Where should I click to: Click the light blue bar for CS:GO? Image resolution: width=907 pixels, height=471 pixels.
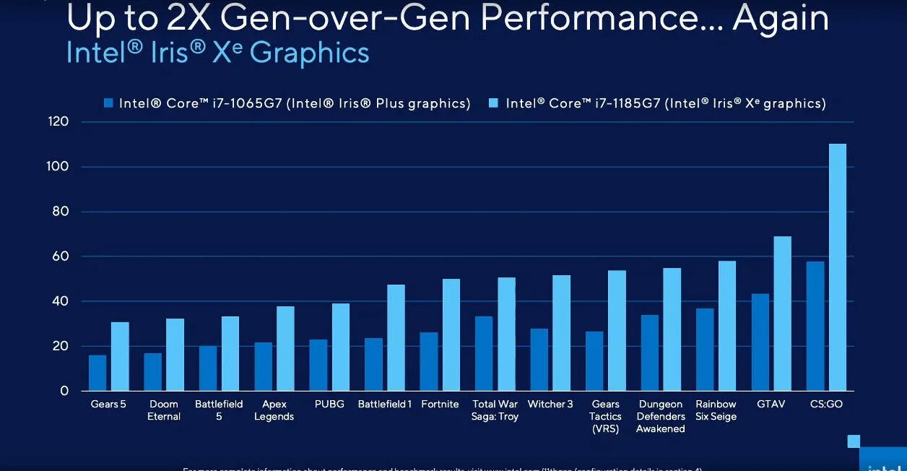837,267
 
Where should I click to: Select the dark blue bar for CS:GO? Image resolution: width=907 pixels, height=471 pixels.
815,326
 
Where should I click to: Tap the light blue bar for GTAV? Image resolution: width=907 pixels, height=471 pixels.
782,314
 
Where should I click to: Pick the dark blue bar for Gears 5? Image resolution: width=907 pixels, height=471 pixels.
97,373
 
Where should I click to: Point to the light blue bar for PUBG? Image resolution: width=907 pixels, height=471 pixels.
340,347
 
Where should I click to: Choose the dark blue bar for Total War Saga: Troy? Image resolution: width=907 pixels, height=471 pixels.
484,353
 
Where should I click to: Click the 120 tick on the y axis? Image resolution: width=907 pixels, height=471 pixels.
59,122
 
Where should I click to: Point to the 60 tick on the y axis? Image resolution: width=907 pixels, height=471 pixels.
64,256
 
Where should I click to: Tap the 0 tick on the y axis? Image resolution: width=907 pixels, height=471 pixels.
64,391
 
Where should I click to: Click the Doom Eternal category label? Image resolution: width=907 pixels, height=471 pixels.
164,410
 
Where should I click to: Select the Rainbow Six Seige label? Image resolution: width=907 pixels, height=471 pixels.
716,410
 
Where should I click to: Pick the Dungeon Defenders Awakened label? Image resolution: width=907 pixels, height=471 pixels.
660,416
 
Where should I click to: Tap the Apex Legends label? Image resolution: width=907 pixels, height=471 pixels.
274,410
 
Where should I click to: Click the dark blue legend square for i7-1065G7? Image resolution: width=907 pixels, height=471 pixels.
108,103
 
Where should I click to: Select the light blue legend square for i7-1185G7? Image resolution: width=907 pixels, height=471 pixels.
495,103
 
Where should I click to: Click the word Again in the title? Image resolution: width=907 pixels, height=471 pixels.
781,19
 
